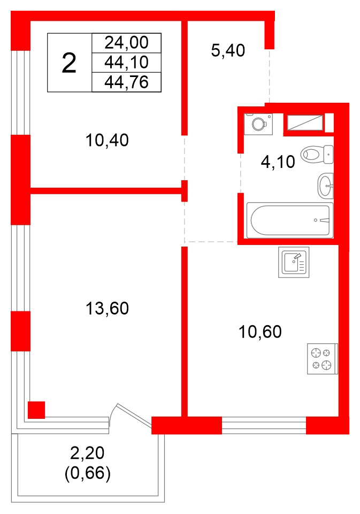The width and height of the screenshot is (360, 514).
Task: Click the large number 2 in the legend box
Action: pyautogui.click(x=69, y=63)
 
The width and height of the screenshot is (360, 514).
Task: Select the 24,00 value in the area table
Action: pyautogui.click(x=127, y=43)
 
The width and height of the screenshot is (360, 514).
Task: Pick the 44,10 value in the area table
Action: pyautogui.click(x=127, y=62)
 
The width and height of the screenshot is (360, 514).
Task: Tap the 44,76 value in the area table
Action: pyautogui.click(x=127, y=82)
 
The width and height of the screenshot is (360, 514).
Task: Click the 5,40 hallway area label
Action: pyautogui.click(x=228, y=50)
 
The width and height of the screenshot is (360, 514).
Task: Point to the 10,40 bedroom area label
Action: pyautogui.click(x=107, y=140)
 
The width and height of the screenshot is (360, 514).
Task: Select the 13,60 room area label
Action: pyautogui.click(x=107, y=309)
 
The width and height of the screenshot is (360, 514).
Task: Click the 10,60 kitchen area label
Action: pyautogui.click(x=260, y=332)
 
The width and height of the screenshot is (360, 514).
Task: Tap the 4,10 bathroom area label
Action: pyautogui.click(x=278, y=162)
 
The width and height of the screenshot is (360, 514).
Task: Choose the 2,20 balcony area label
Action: pyautogui.click(x=87, y=454)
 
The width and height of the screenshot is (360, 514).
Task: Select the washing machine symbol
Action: pyautogui.click(x=258, y=124)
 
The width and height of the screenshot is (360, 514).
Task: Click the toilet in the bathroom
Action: pyautogui.click(x=317, y=155)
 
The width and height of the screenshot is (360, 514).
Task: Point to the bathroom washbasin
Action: pyautogui.click(x=326, y=186)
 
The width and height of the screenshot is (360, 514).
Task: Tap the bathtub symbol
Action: pyautogui.click(x=290, y=220)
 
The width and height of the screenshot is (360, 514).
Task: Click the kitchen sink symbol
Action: pyautogui.click(x=294, y=262)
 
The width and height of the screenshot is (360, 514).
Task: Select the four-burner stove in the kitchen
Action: pyautogui.click(x=323, y=358)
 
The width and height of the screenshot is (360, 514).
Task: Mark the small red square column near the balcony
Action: pyautogui.click(x=36, y=410)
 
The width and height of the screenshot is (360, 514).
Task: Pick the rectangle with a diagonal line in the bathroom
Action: pyautogui.click(x=305, y=122)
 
